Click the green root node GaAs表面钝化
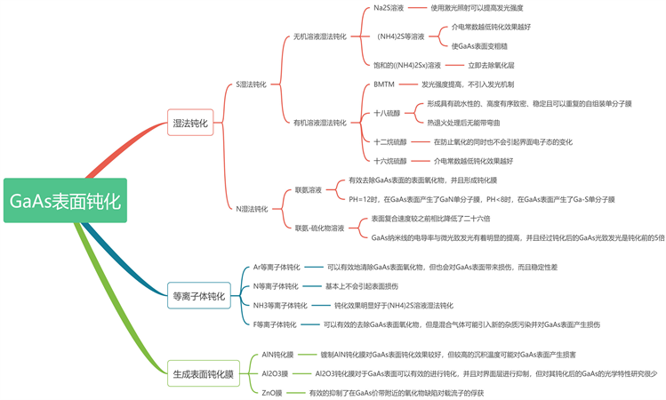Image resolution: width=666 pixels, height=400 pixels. pos(64,200)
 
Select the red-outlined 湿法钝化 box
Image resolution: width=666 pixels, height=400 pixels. pos(189,124)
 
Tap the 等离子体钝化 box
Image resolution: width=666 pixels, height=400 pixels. pos(197,295)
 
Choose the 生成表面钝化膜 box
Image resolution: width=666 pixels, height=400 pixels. pos(204,375)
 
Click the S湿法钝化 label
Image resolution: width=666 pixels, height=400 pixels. pos(251,84)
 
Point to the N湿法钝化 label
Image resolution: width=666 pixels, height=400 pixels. pos(252,209)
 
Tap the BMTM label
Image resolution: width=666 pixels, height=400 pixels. pos(384,84)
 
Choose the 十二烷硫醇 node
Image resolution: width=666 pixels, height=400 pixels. pos(390,141)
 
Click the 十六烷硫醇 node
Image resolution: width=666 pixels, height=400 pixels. pos(390,161)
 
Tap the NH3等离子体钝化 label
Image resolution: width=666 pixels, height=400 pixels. pos(280,305)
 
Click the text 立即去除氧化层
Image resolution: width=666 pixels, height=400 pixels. pos(492,65)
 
